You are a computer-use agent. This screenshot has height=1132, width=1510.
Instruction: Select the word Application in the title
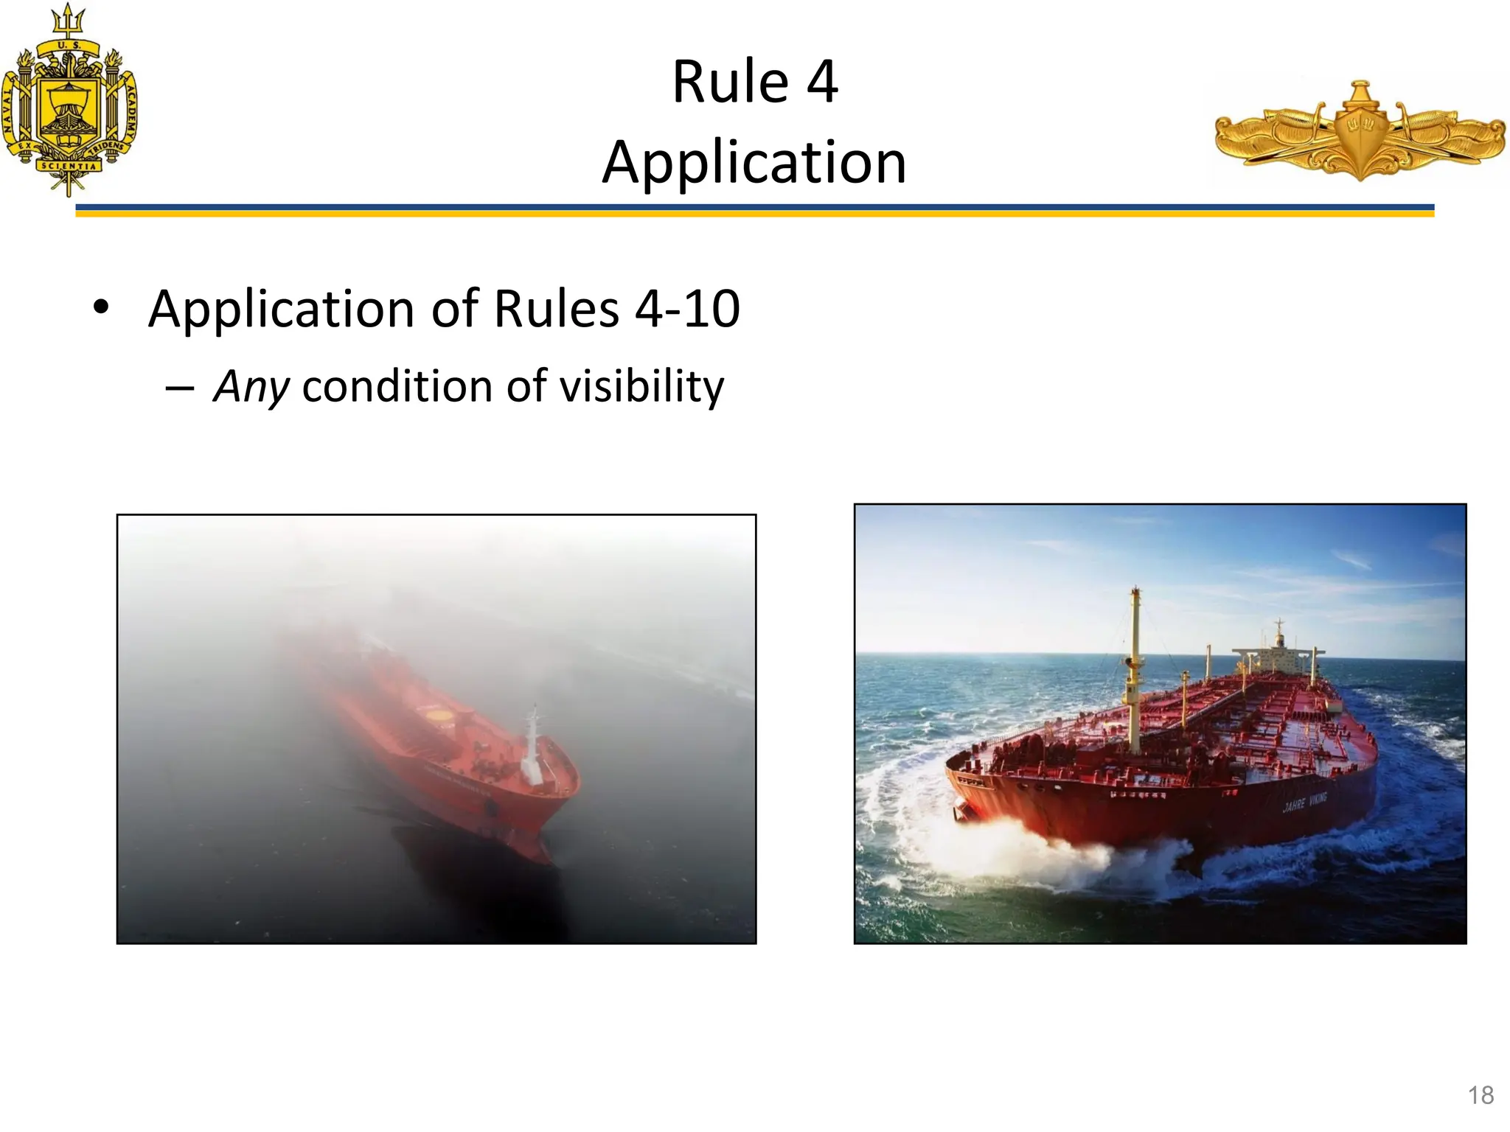point(754,162)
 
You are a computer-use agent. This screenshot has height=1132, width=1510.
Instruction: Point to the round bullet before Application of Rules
point(101,307)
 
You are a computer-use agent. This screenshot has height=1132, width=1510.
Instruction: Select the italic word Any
point(251,386)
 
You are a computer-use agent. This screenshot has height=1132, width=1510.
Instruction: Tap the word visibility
point(641,386)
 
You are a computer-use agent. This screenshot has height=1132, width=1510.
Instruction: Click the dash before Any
point(180,388)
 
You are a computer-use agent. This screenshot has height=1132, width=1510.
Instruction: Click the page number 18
point(1481,1095)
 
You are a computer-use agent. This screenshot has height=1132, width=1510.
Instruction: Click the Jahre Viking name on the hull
point(1304,802)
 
